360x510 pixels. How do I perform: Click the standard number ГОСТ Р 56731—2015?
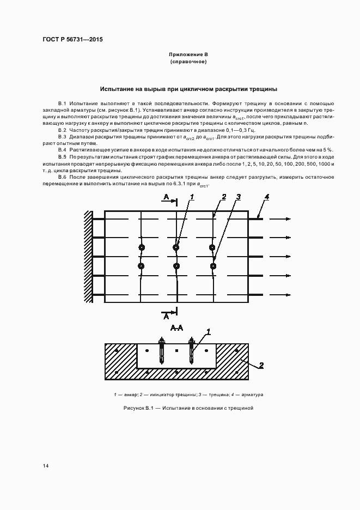point(72,40)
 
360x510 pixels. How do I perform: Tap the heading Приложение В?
point(188,55)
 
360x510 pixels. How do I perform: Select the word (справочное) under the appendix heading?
point(188,62)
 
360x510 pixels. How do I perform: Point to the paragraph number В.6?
point(63,178)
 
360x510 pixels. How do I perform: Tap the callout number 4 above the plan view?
point(266,196)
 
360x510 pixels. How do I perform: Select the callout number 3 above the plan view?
point(238,196)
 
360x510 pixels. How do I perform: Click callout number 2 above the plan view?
point(224,196)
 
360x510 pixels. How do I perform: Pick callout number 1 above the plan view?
point(192,196)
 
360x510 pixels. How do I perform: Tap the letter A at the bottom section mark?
point(166,315)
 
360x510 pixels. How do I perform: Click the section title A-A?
point(176,327)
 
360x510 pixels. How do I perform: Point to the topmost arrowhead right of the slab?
point(288,219)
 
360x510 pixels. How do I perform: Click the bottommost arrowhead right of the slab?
point(288,295)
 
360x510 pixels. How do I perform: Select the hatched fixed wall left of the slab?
point(88,257)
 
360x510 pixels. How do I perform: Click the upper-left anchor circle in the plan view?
point(141,247)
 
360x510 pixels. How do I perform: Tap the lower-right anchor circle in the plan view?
point(213,266)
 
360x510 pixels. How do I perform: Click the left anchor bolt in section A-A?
point(161,351)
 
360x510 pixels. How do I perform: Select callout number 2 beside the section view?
point(261,366)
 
